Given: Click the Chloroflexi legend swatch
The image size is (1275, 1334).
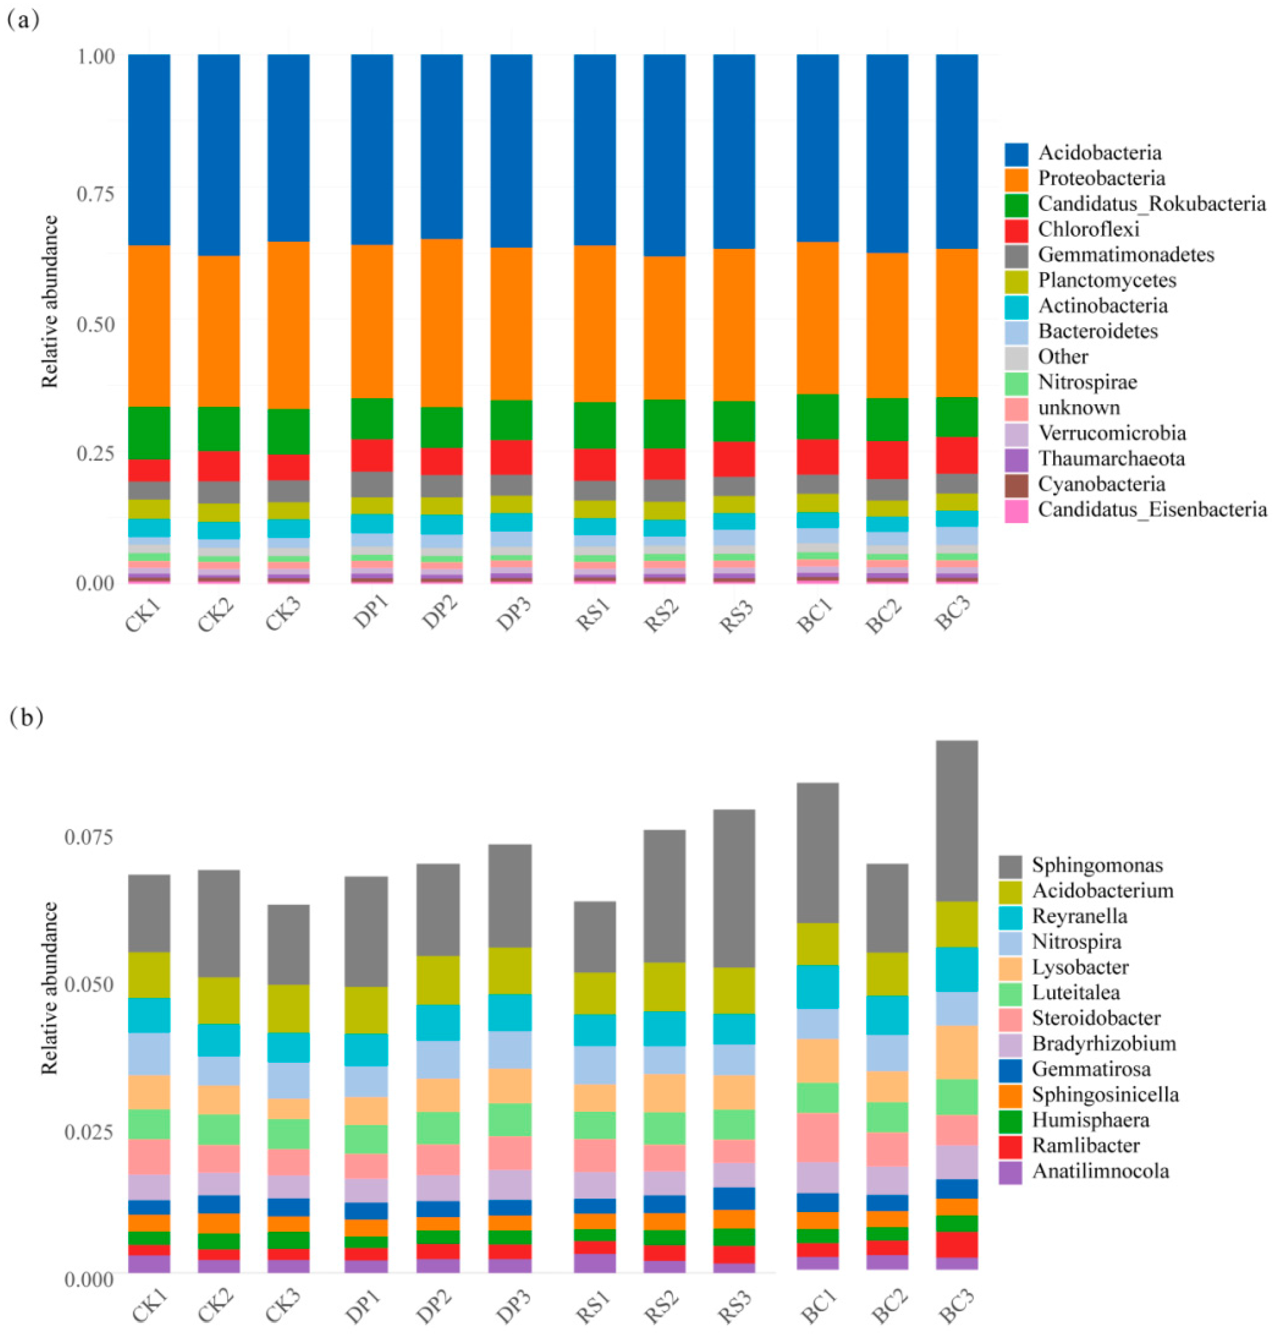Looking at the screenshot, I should pyautogui.click(x=1016, y=229).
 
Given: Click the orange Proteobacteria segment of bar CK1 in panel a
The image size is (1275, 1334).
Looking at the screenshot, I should pyautogui.click(x=150, y=326).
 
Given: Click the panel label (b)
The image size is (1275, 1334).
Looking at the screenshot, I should pyautogui.click(x=26, y=718).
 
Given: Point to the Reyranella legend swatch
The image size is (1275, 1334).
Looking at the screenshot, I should pyautogui.click(x=1010, y=916).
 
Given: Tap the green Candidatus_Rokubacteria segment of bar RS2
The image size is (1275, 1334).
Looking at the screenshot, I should pyautogui.click(x=664, y=424).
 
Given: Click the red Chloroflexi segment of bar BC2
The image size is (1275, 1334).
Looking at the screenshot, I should pyautogui.click(x=887, y=460).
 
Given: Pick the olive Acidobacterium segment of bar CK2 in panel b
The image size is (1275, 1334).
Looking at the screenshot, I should pyautogui.click(x=219, y=1000).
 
